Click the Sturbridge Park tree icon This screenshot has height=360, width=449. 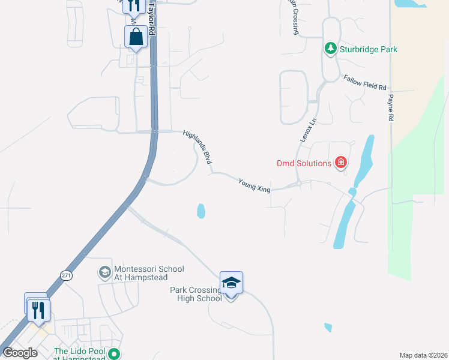click(x=330, y=49)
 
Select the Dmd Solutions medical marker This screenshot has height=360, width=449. click(x=341, y=162)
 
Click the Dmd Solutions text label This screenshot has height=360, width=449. click(x=304, y=163)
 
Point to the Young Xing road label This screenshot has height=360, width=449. click(x=255, y=185)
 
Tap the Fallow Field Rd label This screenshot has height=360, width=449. click(x=364, y=83)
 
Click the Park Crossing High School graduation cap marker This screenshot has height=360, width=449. click(x=231, y=282)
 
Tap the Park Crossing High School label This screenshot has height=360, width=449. click(x=196, y=294)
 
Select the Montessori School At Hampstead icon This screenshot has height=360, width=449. click(x=104, y=272)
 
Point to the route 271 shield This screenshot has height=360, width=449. click(x=66, y=275)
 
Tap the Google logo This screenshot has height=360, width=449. click(x=20, y=353)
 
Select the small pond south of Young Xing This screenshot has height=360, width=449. click(x=201, y=211)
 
